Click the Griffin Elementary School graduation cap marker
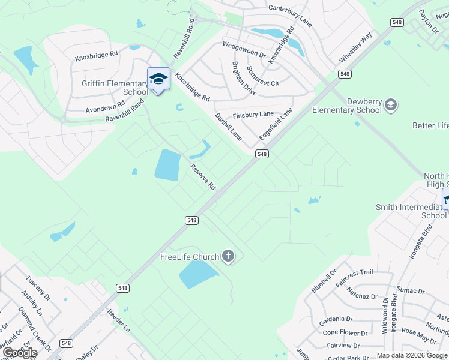(x=158, y=79)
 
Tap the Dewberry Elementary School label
(x=347, y=106)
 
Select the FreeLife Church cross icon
(x=228, y=257)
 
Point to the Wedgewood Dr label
(x=244, y=49)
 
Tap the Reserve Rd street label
(x=203, y=178)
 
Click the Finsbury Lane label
(x=253, y=113)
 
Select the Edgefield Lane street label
(x=276, y=124)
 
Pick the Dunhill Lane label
(x=228, y=127)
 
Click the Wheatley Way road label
(x=356, y=47)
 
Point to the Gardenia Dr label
(x=337, y=319)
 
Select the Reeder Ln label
(x=118, y=321)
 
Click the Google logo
(x=19, y=353)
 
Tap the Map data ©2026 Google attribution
(x=412, y=355)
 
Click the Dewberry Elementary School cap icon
(x=391, y=106)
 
